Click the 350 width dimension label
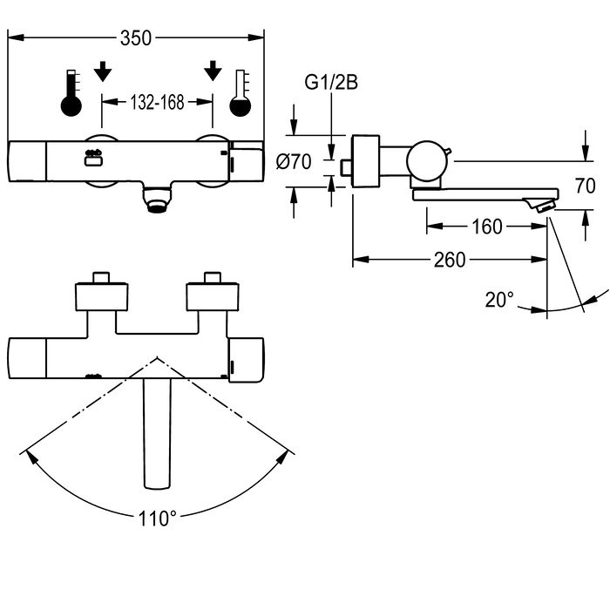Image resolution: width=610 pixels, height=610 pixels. (136, 38)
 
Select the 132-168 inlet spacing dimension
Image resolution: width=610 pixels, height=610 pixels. (157, 102)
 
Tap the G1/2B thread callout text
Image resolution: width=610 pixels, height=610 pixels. (331, 83)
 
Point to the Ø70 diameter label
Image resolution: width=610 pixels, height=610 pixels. (294, 161)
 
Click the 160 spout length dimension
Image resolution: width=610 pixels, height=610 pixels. (487, 227)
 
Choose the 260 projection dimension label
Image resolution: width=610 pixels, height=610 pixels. (450, 260)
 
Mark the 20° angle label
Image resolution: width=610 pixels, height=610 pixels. (499, 300)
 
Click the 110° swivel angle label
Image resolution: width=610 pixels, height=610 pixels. (157, 518)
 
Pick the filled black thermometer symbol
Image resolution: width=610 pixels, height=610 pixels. (71, 93)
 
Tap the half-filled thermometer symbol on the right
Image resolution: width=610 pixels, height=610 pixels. (240, 93)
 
